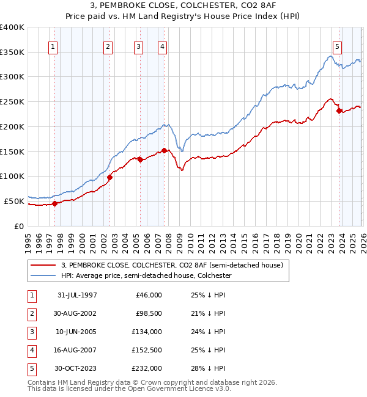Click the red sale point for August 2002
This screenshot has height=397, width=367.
pos(110,177)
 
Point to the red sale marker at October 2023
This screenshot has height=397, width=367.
pos(338,111)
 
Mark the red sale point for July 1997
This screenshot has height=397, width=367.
pos(55,203)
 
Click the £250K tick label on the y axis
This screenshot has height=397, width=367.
pos(12,101)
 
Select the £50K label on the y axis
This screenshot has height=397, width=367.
pos(15,201)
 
